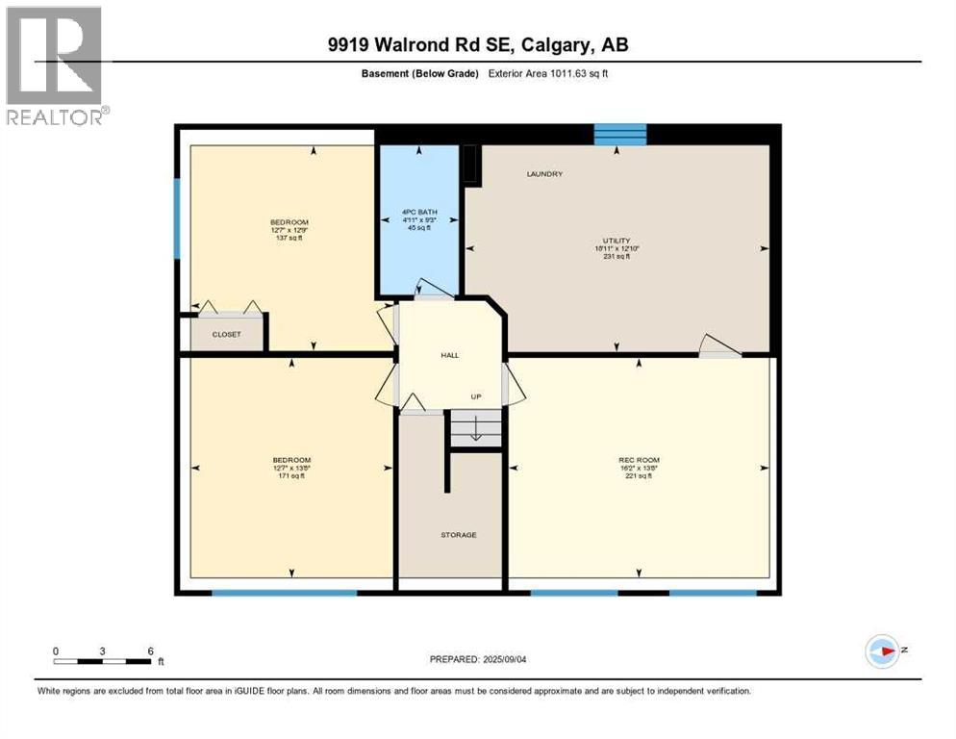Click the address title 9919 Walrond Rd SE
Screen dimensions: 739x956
coord(478,44)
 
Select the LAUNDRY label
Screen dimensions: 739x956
coord(544,174)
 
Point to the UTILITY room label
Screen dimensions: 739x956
coord(616,241)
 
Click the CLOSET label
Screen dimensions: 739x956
coord(227,335)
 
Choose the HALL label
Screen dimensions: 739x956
coord(449,355)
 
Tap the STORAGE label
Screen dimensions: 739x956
coord(459,535)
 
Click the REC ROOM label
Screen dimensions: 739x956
coord(639,460)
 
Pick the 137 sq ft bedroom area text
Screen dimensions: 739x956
coord(289,239)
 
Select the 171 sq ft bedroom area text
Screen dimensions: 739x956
coord(291,476)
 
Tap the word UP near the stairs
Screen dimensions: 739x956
coord(475,397)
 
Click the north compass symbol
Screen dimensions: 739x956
coord(882,650)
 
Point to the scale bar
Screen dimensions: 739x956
coord(103,661)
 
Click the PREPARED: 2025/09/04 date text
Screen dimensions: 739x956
coord(478,659)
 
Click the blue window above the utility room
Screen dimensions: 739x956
coord(618,135)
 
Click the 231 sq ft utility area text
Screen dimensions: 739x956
coord(616,256)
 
